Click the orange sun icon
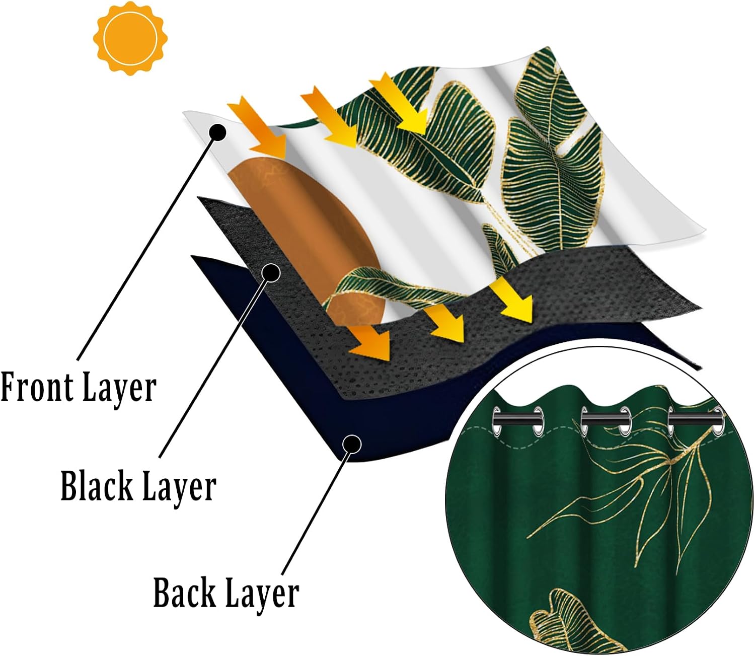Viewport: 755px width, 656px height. [130, 38]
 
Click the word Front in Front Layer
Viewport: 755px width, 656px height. [36, 387]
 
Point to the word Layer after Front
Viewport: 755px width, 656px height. [118, 389]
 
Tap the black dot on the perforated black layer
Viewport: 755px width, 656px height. [271, 272]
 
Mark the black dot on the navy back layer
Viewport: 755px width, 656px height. [352, 444]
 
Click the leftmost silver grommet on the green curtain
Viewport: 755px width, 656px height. [497, 421]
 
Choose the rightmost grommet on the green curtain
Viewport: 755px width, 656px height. [718, 421]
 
